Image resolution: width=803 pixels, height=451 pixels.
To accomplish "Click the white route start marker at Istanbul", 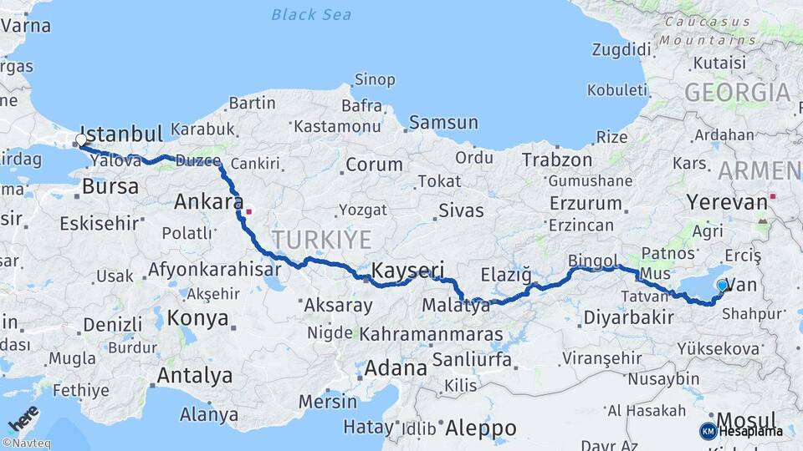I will (x=81, y=139).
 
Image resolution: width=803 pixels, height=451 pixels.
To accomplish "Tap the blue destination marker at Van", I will (x=723, y=286).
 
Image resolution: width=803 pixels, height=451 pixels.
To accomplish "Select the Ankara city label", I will (x=204, y=201).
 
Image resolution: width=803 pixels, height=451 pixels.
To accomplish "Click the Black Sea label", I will (x=311, y=14).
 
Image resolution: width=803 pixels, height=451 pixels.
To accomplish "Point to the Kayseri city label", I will (x=407, y=270).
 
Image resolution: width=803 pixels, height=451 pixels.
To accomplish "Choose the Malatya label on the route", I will (x=456, y=306).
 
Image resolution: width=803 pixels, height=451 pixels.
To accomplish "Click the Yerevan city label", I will (x=726, y=201).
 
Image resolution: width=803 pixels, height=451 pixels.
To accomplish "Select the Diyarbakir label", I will (x=628, y=317).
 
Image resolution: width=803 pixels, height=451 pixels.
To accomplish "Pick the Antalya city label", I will (x=195, y=376).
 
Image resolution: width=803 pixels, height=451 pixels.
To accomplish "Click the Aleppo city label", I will (x=480, y=428).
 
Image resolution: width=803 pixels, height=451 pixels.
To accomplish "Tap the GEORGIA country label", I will (x=737, y=92).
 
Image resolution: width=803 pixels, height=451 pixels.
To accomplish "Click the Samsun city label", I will (x=443, y=123).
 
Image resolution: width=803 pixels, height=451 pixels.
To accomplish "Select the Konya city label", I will (x=197, y=318).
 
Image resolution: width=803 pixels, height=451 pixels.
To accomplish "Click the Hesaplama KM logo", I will (x=741, y=431).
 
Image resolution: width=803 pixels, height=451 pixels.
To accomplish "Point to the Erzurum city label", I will (x=586, y=203).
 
